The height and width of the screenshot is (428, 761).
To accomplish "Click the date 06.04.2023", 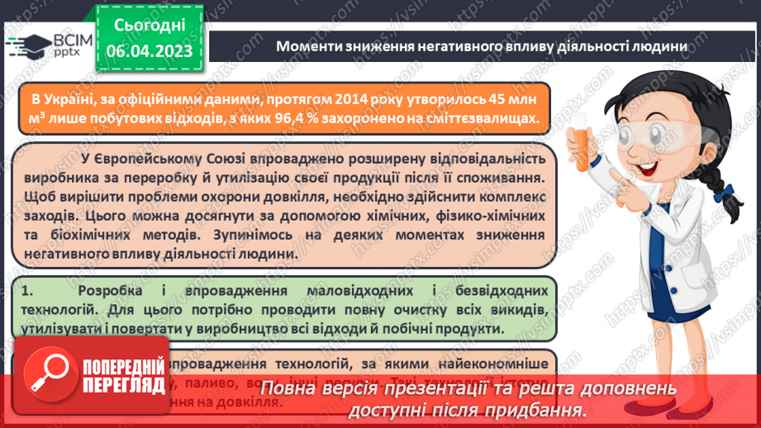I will tap(150, 50).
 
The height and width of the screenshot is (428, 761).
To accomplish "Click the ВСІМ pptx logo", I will tap(50, 45).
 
